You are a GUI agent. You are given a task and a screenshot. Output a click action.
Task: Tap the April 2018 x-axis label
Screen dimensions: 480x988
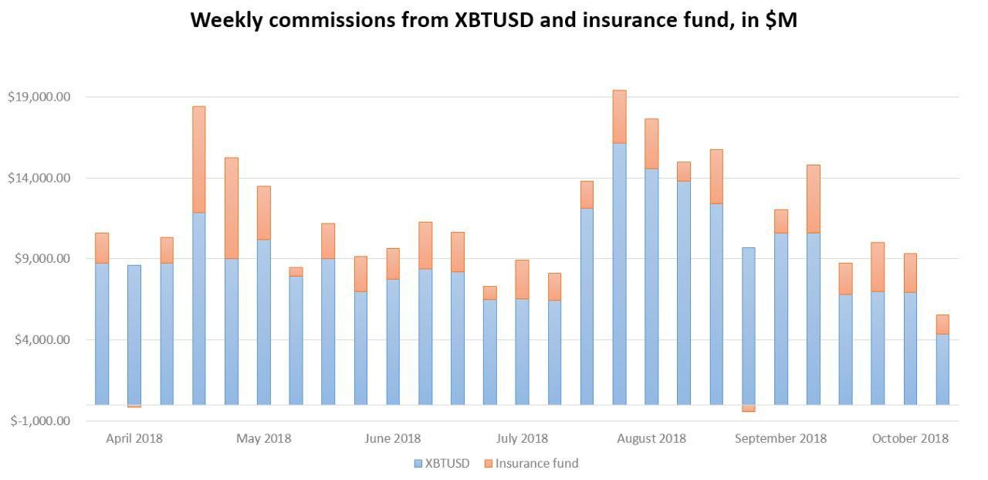click(134, 438)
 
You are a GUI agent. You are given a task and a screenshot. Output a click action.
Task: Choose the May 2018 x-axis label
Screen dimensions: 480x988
click(264, 438)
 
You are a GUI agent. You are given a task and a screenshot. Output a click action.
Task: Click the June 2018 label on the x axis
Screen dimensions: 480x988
click(393, 438)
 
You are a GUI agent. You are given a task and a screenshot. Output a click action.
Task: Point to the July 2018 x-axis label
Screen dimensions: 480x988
click(523, 438)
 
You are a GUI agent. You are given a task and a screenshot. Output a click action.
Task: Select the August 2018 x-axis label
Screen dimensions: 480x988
click(651, 438)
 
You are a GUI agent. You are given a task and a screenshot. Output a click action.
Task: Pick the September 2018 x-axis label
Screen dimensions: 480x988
click(780, 438)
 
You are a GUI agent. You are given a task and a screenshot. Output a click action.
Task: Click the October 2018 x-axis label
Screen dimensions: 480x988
click(910, 438)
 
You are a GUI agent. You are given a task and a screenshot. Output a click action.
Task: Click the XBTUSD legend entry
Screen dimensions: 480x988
click(442, 464)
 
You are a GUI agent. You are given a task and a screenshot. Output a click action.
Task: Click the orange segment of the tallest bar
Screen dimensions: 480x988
click(619, 117)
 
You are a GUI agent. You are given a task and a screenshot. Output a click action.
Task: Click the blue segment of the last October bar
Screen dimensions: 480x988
click(942, 369)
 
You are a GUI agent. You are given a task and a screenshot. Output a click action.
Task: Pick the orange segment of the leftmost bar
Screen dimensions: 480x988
click(102, 248)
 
